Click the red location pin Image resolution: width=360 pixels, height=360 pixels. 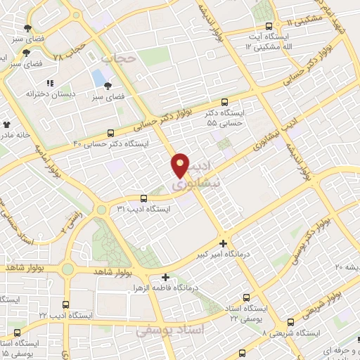[180, 165]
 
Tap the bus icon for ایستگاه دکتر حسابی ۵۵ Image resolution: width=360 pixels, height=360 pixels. [224, 102]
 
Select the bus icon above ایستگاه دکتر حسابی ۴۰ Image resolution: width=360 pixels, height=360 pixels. [111, 133]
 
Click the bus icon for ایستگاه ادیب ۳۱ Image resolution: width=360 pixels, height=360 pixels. [143, 199]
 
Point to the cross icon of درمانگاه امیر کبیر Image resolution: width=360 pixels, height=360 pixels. [224, 243]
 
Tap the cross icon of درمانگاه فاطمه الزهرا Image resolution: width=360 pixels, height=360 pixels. [165, 277]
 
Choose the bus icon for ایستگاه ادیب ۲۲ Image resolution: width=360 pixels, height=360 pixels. [65, 305]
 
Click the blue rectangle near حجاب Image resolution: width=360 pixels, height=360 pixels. [96, 76]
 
